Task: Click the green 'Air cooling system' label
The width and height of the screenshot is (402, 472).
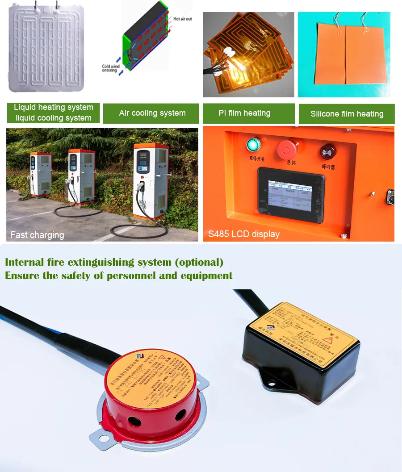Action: pyautogui.click(x=152, y=113)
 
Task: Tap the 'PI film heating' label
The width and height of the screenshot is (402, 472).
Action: pyautogui.click(x=244, y=113)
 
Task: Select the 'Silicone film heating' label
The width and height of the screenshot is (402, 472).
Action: pyautogui.click(x=347, y=114)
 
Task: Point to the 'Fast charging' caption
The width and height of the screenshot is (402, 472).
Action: pyautogui.click(x=37, y=235)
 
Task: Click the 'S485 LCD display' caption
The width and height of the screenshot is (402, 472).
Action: pyautogui.click(x=243, y=234)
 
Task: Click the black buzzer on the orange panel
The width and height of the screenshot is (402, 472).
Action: pyautogui.click(x=328, y=152)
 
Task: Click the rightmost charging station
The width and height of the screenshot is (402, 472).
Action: pyautogui.click(x=151, y=181)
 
